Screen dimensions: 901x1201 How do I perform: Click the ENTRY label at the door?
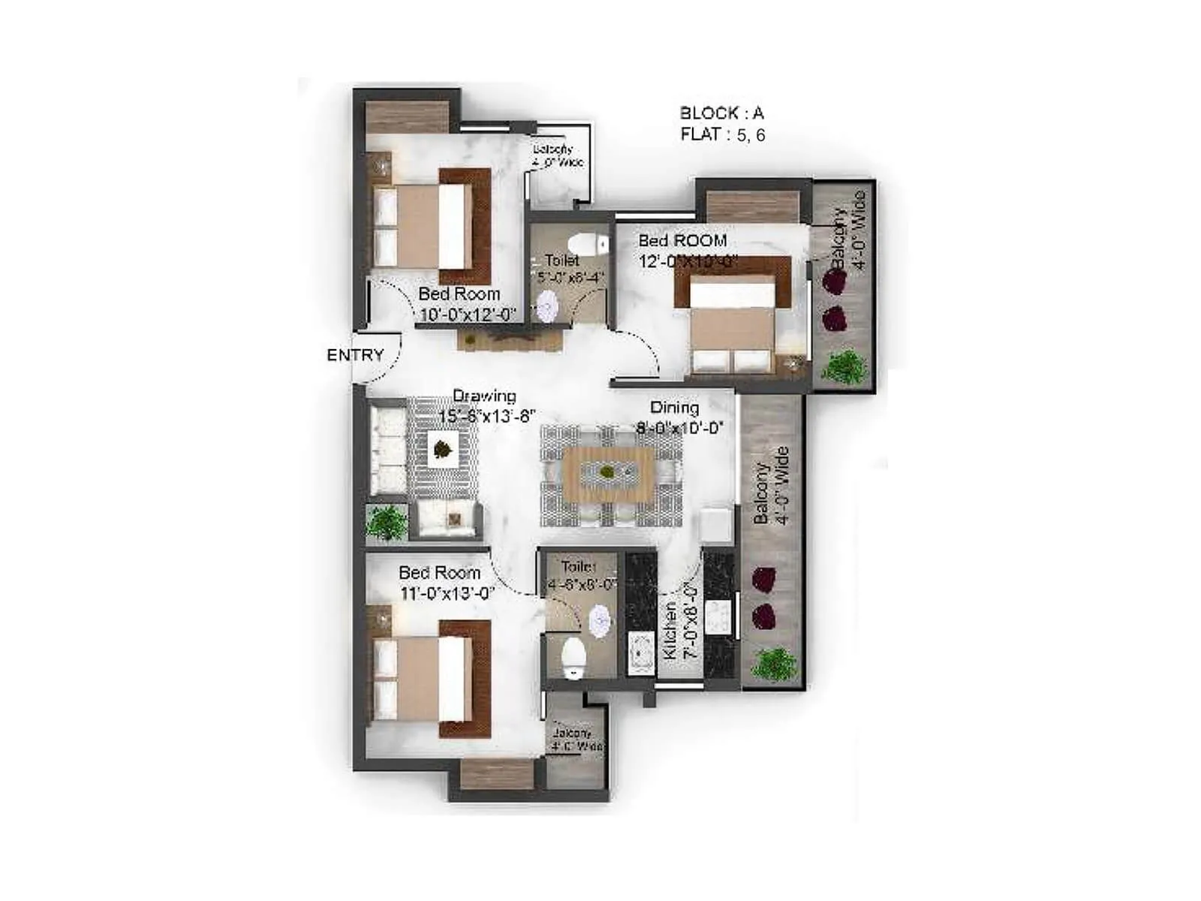355,355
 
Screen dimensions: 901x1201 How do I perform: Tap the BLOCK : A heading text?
721,113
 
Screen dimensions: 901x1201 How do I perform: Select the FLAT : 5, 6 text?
722,135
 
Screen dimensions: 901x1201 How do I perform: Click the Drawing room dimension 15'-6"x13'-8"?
486,417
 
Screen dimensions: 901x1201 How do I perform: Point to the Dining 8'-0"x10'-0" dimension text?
679,428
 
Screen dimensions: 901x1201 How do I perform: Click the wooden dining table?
608,474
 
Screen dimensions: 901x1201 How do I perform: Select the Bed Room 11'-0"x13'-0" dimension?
447,594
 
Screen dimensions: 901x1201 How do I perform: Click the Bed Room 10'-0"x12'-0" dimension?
467,315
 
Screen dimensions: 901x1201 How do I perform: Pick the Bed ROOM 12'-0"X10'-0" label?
688,250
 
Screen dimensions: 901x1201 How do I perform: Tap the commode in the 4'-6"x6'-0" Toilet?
574,658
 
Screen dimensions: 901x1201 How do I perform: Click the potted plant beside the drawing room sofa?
387,521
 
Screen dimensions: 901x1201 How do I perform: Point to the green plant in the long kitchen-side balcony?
774,664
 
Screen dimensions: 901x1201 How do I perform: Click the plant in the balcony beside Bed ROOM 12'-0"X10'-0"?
844,367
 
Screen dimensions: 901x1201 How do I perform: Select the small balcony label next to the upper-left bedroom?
556,156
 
